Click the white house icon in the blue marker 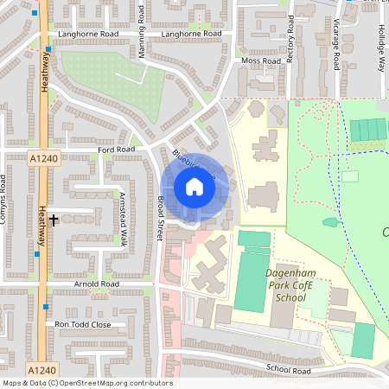pyautogui.click(x=194, y=187)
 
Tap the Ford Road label pyautogui.click(x=117, y=150)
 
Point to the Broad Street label pyautogui.click(x=161, y=217)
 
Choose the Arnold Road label pyautogui.click(x=96, y=284)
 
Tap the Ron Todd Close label pyautogui.click(x=83, y=324)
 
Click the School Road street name pyautogui.click(x=289, y=369)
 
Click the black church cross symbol pyautogui.click(x=54, y=220)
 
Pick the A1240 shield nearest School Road pyautogui.click(x=37, y=369)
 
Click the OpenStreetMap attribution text pyautogui.click(x=87, y=383)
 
